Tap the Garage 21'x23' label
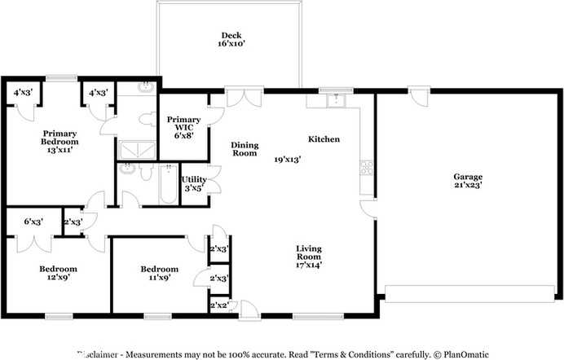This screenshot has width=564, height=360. coord(468,182)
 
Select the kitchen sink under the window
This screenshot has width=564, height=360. coord(332,100)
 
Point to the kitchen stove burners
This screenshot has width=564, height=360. coord(366,169)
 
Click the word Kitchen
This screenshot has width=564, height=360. coord(324,139)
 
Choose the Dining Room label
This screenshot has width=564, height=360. coord(244,148)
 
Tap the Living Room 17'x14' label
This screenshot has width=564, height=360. coord(309,254)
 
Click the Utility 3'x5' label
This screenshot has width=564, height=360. coord(193,183)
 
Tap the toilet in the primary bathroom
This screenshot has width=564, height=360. coord(147,120)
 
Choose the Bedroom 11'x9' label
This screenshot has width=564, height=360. coord(159,274)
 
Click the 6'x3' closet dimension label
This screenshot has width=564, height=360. coord(33,222)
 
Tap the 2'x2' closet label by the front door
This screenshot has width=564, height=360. coord(218,305)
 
